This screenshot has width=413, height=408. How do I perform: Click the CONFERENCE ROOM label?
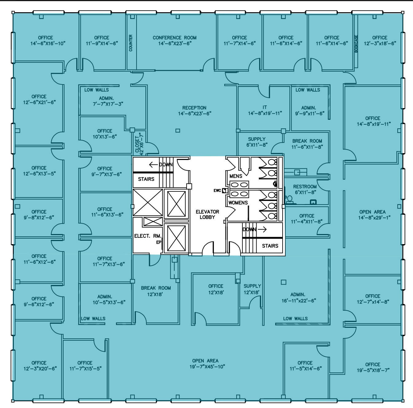(175, 38)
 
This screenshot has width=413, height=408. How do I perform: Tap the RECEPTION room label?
(194, 108)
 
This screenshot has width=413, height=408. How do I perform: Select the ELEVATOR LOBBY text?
(207, 214)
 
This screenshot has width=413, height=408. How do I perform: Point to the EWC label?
(217, 191)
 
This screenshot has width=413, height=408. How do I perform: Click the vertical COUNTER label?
(130, 43)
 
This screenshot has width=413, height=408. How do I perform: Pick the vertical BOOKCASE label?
(356, 44)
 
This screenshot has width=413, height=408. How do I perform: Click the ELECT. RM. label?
(148, 236)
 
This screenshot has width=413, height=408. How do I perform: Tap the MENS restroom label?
(236, 176)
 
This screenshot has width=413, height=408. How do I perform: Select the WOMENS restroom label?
(238, 202)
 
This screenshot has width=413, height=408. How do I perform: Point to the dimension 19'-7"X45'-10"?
(207, 367)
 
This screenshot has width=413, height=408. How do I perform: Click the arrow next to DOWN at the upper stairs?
(153, 164)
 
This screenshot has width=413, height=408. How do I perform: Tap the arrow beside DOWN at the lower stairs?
(262, 229)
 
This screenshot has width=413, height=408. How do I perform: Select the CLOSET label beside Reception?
(137, 145)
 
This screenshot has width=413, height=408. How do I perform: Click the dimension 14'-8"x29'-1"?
(374, 218)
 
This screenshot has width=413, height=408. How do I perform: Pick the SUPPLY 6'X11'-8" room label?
(257, 142)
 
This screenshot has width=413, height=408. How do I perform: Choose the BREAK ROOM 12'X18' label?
(156, 291)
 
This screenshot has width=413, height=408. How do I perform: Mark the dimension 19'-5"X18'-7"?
(373, 370)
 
